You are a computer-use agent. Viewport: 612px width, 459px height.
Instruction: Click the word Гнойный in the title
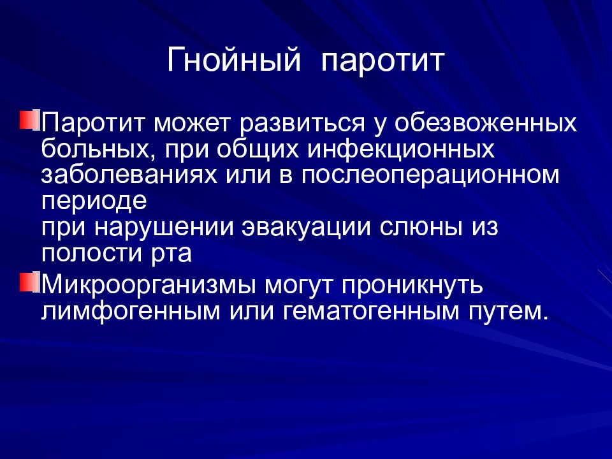tap(233, 62)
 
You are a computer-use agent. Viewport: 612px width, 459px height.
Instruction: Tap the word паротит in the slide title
tap(382, 62)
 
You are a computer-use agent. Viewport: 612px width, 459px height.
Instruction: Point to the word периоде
tap(94, 201)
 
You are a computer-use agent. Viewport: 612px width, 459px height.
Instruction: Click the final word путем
tap(506, 312)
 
